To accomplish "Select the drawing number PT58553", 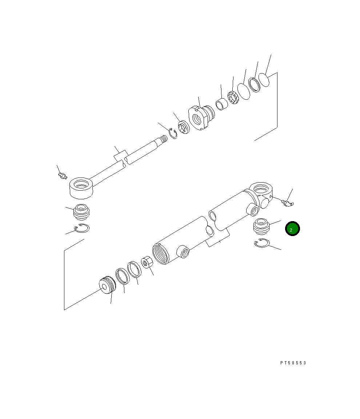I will tap(293, 363).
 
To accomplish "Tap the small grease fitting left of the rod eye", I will tap(62, 176).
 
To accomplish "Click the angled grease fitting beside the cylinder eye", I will tap(288, 201).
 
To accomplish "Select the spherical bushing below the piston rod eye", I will tap(82, 212).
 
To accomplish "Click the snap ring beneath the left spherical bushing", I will tap(82, 228).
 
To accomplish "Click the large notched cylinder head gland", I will tap(201, 117).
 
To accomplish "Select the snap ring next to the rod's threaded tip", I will tap(172, 133).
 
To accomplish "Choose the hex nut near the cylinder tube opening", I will tap(147, 262).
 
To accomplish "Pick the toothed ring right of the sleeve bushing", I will tap(233, 97).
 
